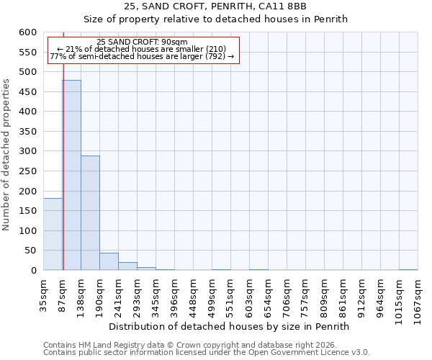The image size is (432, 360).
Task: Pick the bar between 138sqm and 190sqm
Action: (90, 213)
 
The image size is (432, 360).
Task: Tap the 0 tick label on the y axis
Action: (33, 271)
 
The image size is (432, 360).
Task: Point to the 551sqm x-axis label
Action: (230, 296)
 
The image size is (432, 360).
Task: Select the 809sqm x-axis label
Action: (324, 296)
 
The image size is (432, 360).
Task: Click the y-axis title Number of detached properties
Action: (7, 155)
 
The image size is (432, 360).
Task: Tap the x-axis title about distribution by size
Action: (233, 326)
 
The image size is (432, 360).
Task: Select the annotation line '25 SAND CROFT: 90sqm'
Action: (142, 42)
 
